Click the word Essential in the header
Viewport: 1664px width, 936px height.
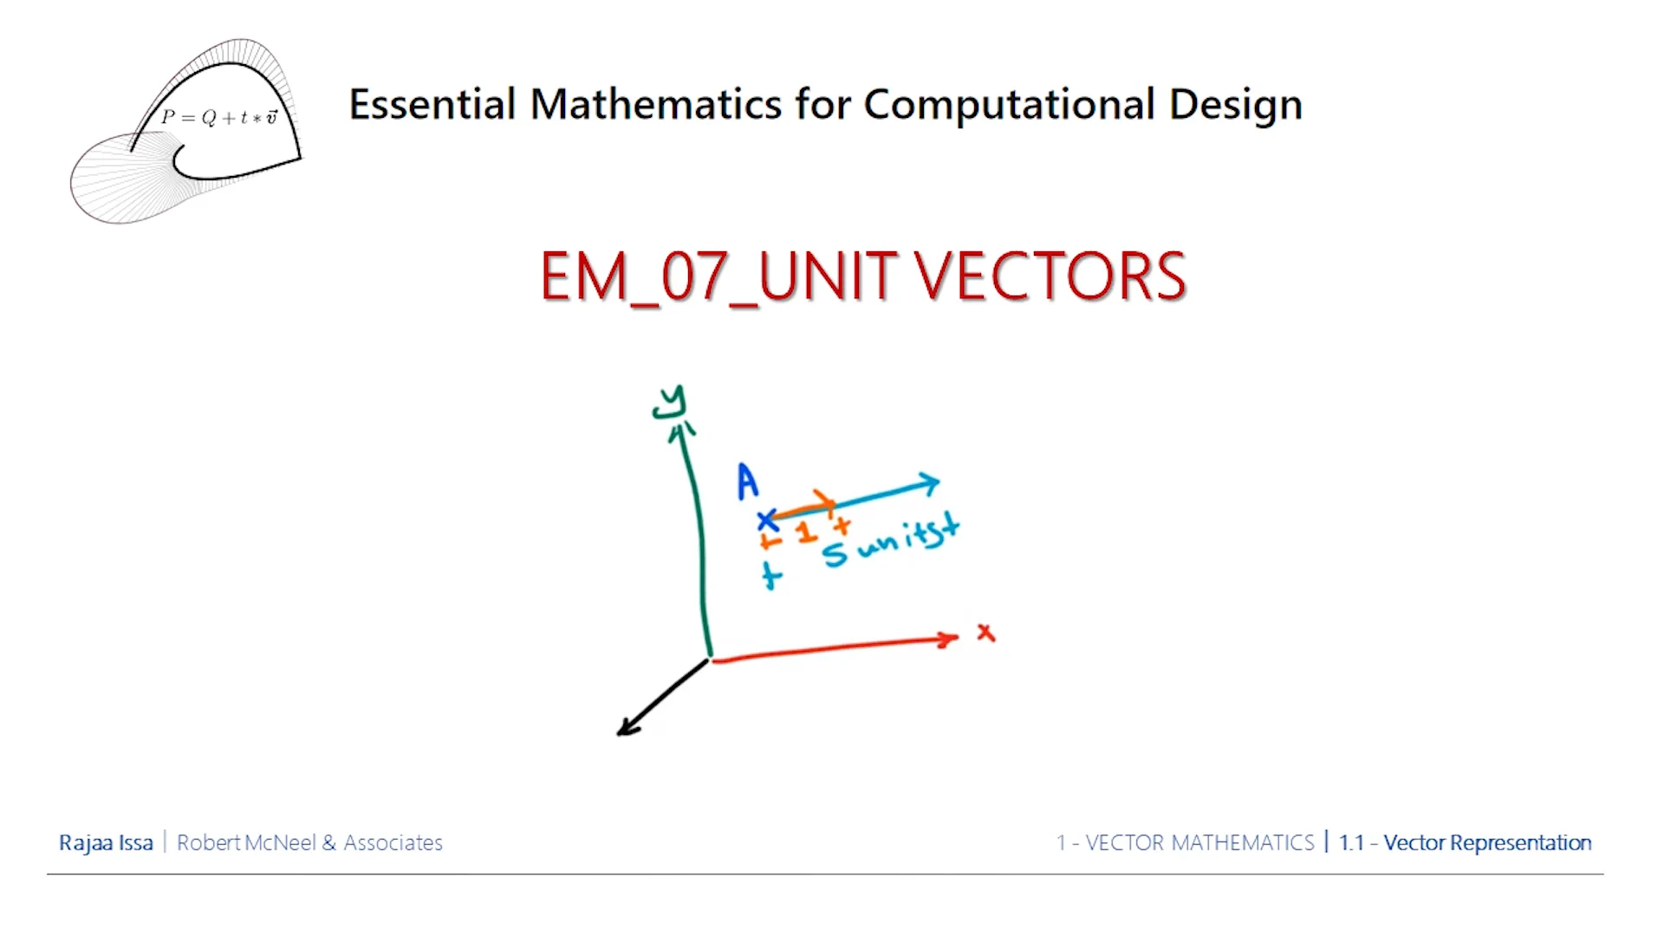(x=432, y=104)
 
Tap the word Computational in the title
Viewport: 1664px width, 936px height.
(x=1009, y=106)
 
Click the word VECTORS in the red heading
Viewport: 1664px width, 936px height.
(x=1050, y=276)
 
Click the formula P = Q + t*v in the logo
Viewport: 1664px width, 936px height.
(x=219, y=117)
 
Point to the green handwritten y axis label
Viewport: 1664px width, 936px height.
(x=670, y=402)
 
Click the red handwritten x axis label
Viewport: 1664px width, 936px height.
(x=985, y=633)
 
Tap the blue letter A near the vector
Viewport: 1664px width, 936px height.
(x=747, y=482)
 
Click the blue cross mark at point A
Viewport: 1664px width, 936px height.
(x=767, y=521)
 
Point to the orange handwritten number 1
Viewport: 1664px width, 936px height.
(x=806, y=532)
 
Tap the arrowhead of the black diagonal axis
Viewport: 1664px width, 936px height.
(x=626, y=729)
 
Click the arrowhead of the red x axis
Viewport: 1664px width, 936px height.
(x=949, y=640)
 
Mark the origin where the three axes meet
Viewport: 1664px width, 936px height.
(x=711, y=659)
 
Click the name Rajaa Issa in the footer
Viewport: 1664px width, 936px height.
(x=106, y=842)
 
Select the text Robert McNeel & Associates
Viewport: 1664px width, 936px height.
(x=309, y=842)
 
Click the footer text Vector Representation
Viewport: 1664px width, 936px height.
(x=1486, y=842)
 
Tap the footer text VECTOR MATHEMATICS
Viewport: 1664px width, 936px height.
(x=1199, y=842)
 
